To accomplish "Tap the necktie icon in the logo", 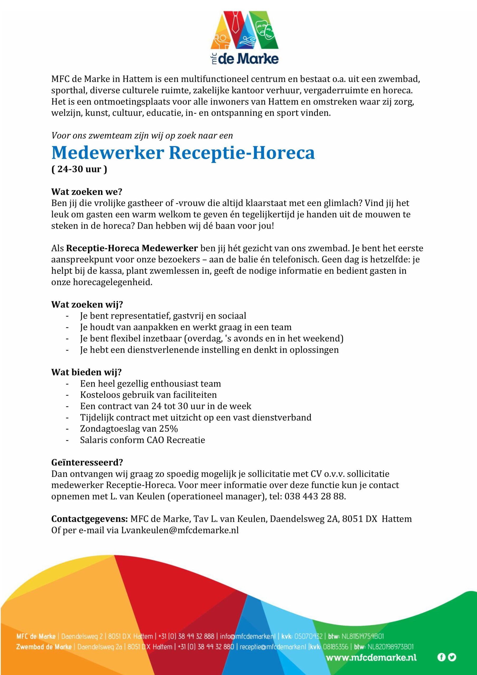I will coord(235,23).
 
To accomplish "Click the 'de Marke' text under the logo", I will coord(248,59).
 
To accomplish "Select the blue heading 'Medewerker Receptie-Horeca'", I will coord(183,153).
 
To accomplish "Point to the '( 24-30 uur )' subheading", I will coord(79,169).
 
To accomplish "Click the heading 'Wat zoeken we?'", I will coord(86,192).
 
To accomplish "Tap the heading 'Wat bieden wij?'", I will coord(86,372).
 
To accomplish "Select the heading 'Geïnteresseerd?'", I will coord(87,462).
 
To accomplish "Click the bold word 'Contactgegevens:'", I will coord(90,519).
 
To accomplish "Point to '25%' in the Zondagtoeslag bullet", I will coord(168,429).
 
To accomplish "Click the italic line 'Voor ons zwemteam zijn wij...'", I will coord(142,136).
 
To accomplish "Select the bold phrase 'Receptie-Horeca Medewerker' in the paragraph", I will coord(132,248).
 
